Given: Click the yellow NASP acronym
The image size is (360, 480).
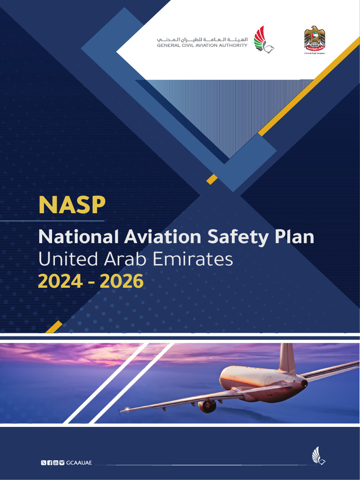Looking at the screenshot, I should (72, 205).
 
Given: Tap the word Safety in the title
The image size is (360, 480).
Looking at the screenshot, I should (236, 237).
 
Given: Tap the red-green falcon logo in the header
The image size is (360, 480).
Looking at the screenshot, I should (263, 39).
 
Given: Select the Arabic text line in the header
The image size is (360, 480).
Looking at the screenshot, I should (202, 39).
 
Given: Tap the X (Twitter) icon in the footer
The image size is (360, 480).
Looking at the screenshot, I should (44, 463).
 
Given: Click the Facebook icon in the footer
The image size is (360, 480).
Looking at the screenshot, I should (50, 463).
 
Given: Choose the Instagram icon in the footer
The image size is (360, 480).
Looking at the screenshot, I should (62, 463).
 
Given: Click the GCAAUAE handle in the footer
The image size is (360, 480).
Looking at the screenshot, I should (79, 463).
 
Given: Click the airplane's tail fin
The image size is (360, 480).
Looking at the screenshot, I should (286, 358).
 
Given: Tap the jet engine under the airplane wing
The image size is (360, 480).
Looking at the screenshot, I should (207, 406).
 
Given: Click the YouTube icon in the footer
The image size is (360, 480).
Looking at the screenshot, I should (56, 463).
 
